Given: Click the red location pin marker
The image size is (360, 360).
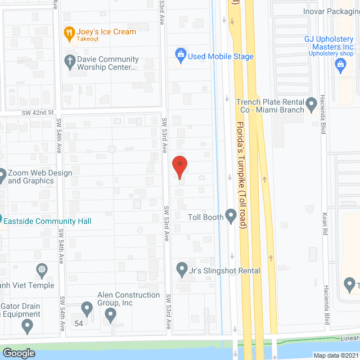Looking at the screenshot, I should pyautogui.click(x=179, y=167).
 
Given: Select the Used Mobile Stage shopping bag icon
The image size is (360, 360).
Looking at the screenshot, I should pyautogui.click(x=181, y=55).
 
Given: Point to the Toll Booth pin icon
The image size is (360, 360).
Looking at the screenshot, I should pyautogui.click(x=231, y=215).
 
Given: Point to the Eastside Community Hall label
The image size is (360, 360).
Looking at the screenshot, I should pyautogui.click(x=47, y=221).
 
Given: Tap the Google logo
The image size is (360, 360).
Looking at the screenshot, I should pyautogui.click(x=18, y=353).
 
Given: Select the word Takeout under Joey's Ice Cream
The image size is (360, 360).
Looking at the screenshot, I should pyautogui.click(x=87, y=39).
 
